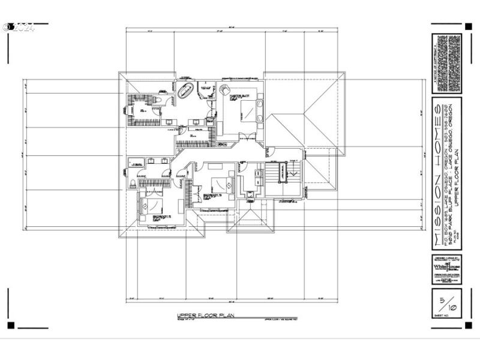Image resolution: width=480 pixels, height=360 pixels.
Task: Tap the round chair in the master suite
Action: [x=224, y=89]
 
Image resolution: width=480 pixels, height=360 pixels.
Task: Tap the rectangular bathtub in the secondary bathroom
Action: [x=136, y=162]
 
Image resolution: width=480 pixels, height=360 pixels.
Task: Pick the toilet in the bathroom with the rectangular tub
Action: [x=131, y=184]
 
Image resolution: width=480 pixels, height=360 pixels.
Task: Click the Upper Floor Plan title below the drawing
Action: [x=205, y=316]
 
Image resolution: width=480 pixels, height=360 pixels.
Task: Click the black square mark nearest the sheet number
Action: [x=468, y=325]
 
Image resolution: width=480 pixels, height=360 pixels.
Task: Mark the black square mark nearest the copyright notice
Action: [x=468, y=26]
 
